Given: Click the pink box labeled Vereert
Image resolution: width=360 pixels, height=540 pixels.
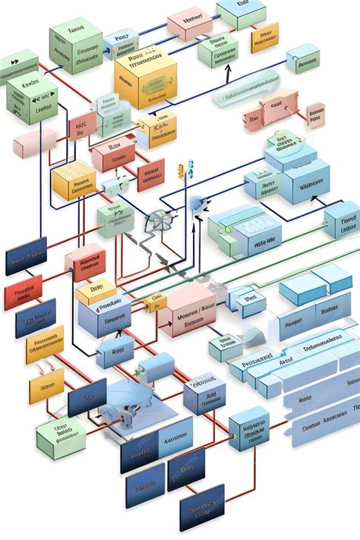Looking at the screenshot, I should pos(189,24).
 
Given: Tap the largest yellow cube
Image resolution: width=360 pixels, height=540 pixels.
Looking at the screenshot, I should pos(144,78).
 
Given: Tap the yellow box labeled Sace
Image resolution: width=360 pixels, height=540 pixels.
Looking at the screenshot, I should pos(46,389).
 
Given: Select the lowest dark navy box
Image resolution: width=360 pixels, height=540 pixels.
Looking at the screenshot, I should pos(201,506).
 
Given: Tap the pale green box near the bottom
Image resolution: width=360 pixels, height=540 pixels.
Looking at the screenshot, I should pos(60,437).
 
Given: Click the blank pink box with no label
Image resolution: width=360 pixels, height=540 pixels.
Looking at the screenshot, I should pos(34,142).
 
